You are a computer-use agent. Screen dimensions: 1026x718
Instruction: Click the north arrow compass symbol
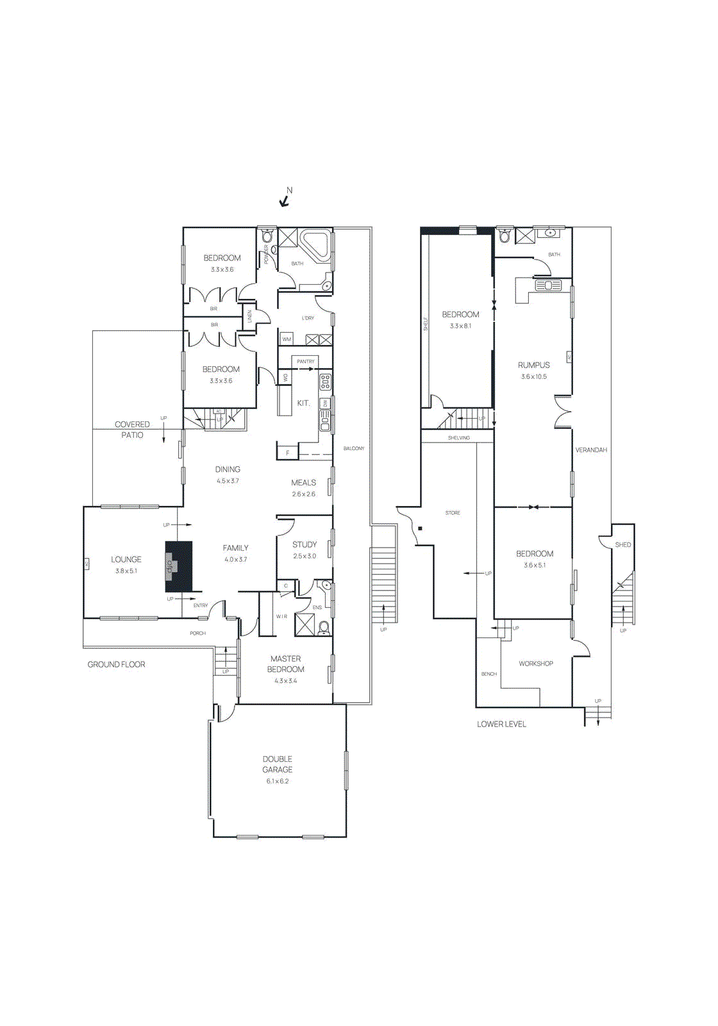click(285, 201)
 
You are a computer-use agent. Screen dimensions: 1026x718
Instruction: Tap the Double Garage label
click(277, 764)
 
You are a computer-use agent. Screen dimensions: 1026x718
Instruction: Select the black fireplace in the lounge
click(179, 566)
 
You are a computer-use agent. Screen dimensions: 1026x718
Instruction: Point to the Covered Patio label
click(132, 430)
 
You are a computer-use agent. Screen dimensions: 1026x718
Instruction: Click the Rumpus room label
click(533, 365)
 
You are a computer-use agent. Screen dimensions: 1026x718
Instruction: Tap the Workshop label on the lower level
click(536, 664)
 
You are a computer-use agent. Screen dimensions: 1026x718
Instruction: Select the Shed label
click(622, 544)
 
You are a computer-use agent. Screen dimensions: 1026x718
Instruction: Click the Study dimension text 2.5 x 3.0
click(305, 556)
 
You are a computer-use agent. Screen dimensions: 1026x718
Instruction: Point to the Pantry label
click(306, 362)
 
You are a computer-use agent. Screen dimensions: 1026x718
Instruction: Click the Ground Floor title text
click(116, 664)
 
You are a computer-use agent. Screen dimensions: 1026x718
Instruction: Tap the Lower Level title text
click(501, 724)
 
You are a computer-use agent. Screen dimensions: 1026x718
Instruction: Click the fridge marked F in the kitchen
click(287, 453)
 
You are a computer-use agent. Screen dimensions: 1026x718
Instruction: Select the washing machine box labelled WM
click(287, 339)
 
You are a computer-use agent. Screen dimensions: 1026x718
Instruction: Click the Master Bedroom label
click(285, 664)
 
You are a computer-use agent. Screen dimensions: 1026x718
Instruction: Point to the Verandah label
click(590, 450)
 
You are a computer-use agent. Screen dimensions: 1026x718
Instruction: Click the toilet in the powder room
click(267, 236)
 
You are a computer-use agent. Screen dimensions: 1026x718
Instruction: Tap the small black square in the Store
click(420, 528)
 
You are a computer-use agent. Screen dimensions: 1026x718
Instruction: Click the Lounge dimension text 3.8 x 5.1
click(126, 571)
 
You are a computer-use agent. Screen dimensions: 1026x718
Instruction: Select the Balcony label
click(353, 448)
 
